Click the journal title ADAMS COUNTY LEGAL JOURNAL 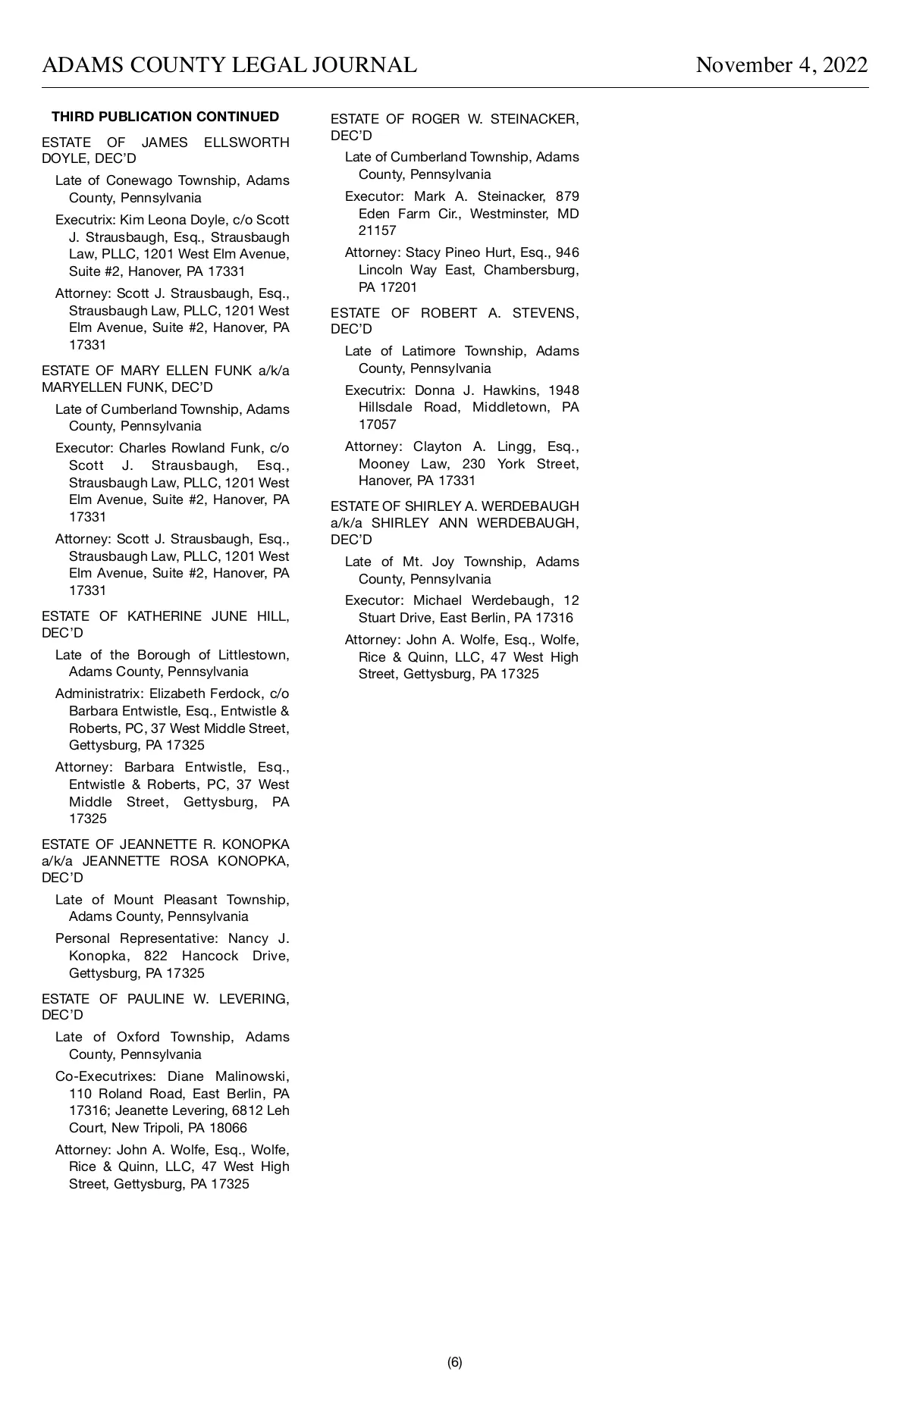tap(229, 65)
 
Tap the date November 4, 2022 tap(781, 65)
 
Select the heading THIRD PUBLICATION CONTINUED tap(165, 117)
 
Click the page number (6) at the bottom tap(454, 1362)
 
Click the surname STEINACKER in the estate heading tap(535, 119)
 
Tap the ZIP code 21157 tap(377, 230)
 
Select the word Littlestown tap(253, 655)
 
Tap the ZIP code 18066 tap(225, 1128)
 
